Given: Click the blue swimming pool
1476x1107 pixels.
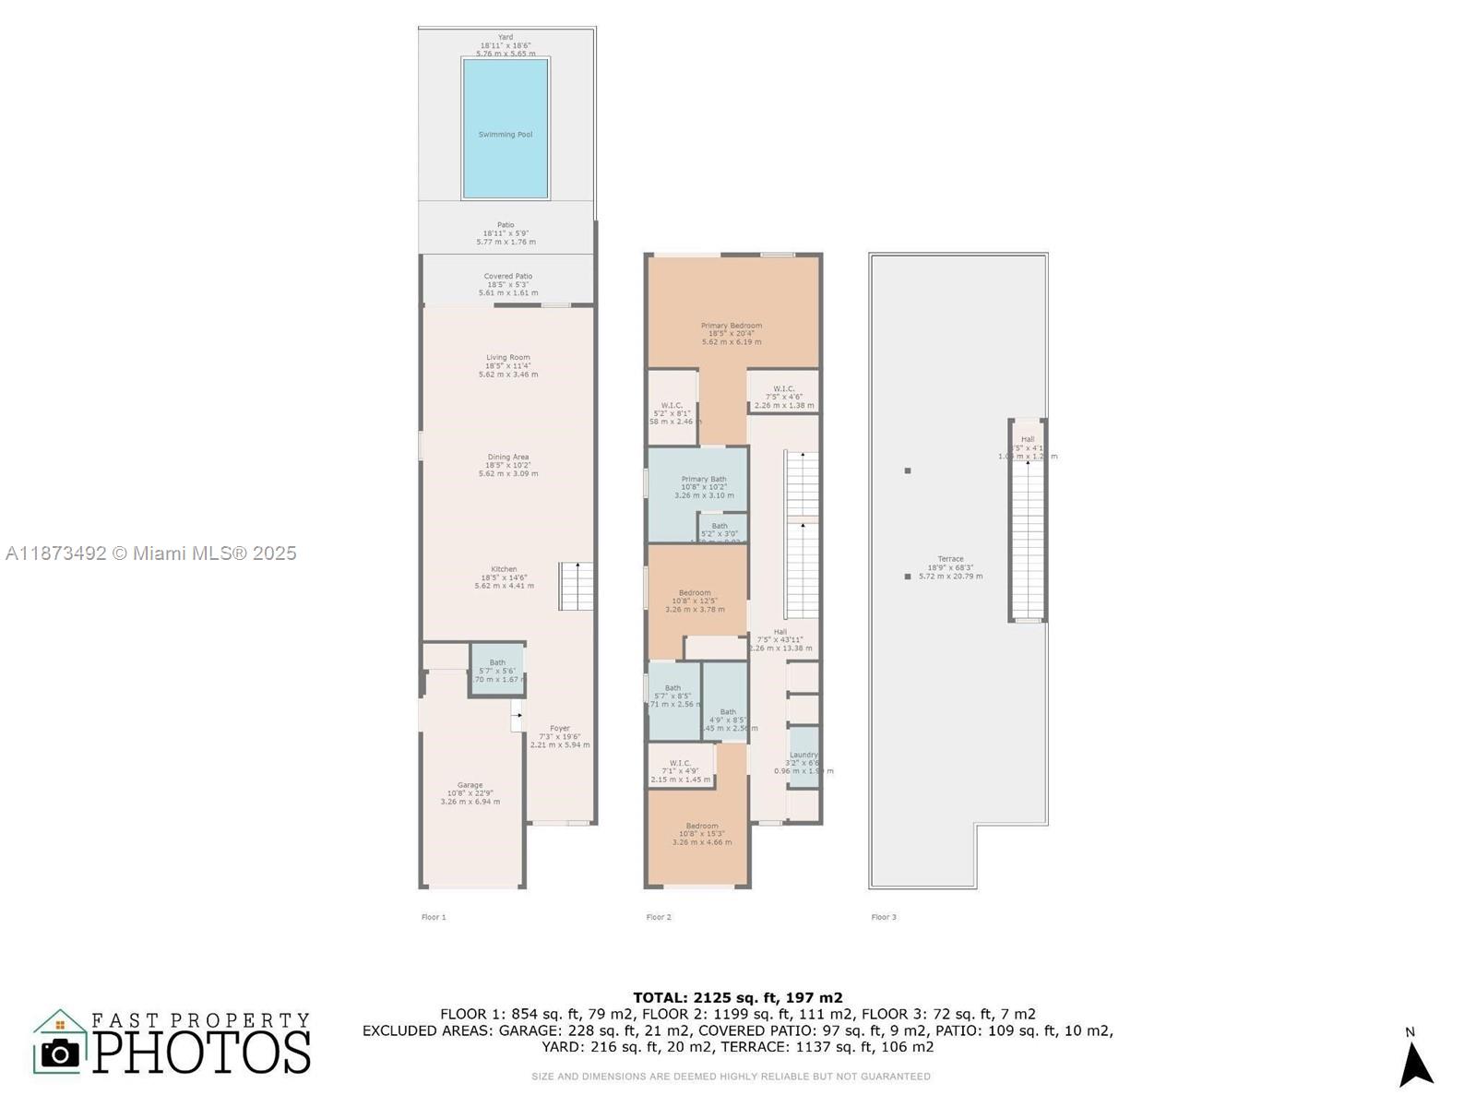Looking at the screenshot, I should point(506,129).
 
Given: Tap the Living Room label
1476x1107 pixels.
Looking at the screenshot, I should point(508,358).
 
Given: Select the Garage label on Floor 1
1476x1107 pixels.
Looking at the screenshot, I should point(470,786).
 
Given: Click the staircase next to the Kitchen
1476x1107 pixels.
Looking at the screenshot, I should point(577,587).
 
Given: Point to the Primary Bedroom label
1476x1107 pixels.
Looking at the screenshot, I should point(732,326).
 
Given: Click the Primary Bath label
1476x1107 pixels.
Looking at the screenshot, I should point(704,480).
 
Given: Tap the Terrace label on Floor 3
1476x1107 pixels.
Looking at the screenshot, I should point(950,559).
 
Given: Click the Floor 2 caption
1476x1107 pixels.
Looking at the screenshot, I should point(659,917).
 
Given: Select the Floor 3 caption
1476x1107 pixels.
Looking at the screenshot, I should point(884,917).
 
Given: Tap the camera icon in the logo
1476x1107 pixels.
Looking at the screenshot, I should point(61,1053).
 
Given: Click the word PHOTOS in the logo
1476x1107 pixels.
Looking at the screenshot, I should point(202,1053).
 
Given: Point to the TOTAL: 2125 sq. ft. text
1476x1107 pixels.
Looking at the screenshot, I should point(738,997).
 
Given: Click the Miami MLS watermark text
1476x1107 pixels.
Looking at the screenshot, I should point(151,553).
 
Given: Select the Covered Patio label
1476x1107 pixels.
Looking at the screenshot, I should point(508,277).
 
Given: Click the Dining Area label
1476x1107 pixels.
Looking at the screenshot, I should point(508,458).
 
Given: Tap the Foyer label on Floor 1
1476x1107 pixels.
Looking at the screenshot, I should point(560,729).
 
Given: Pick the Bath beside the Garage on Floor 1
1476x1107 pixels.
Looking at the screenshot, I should point(497,670).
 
